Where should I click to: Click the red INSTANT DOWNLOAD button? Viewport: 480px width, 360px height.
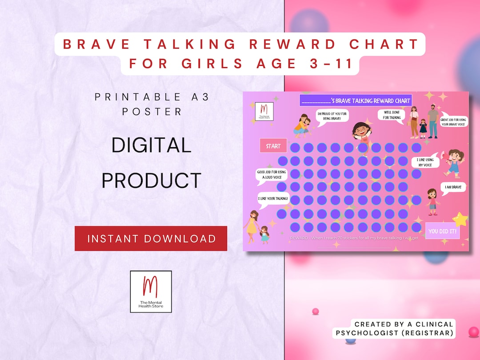(151, 239)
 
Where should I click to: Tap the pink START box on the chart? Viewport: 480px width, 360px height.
(273, 146)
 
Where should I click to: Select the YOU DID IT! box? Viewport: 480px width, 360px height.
(442, 231)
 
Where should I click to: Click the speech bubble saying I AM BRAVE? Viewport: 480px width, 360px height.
(453, 188)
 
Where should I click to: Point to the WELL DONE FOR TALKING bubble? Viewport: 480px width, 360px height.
(391, 115)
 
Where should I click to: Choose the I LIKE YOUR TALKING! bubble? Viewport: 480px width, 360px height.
(273, 199)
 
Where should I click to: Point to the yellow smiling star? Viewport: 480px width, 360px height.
(460, 219)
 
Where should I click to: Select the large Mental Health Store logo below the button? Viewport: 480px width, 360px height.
(151, 291)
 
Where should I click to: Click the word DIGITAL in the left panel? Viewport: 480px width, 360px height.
(151, 145)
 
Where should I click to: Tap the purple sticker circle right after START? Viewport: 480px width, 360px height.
(295, 148)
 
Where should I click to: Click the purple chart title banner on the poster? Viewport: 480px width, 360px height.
(356, 100)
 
